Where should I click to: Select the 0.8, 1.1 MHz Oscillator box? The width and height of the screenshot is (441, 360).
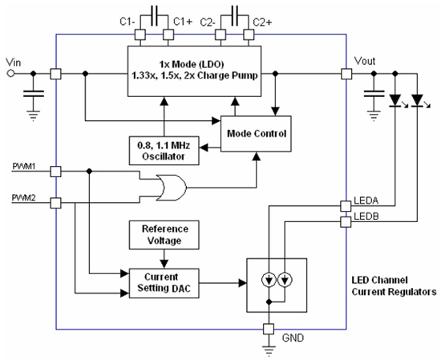click(x=164, y=149)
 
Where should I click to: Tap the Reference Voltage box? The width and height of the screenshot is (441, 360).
click(x=164, y=235)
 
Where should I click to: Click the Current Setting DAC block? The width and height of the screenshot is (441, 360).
click(x=164, y=282)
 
